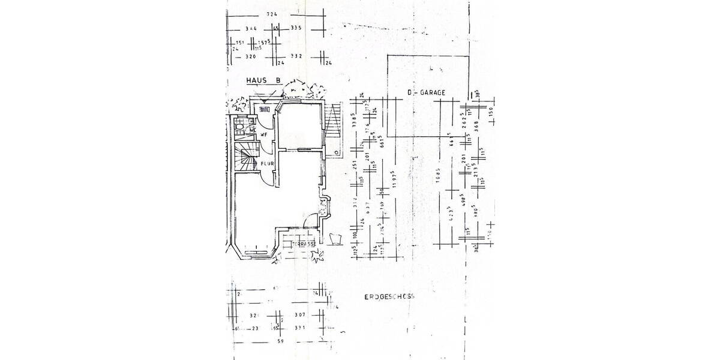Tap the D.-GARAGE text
427,93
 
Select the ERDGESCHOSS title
389,297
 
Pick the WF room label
263,134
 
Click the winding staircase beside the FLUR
244,160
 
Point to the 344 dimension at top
251,28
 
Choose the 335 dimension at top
295,28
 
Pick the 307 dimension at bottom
300,315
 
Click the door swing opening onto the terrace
312,221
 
